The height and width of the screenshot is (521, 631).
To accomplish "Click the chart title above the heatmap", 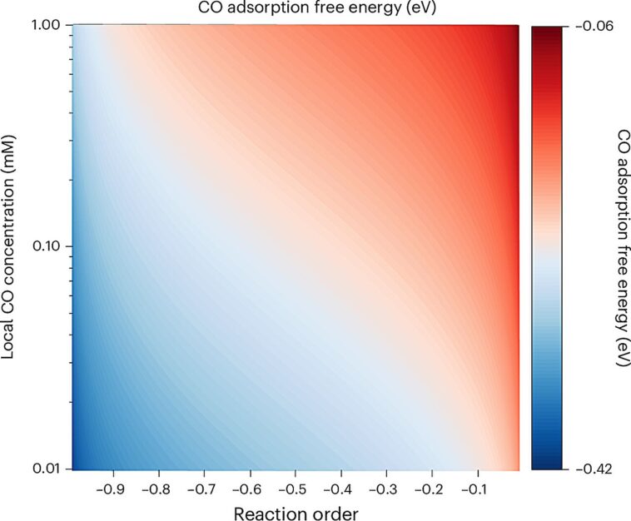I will coord(296,9).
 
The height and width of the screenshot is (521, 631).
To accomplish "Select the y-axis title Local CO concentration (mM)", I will coord(12,247).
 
